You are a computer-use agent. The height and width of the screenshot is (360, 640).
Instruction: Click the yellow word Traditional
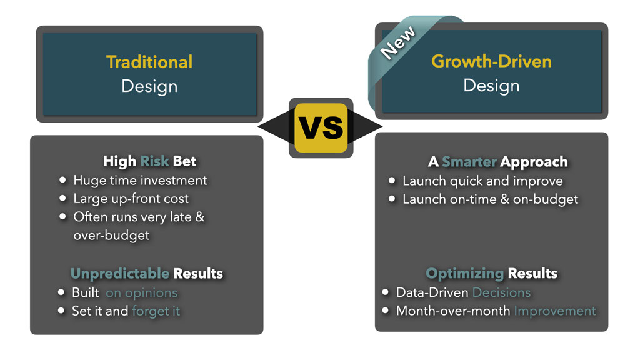pyautogui.click(x=149, y=62)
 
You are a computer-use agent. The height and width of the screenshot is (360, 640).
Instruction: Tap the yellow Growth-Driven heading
pyautogui.click(x=491, y=61)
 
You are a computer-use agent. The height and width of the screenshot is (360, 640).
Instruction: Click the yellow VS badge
pyautogui.click(x=321, y=127)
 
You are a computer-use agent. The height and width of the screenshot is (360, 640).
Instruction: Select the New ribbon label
pyautogui.click(x=397, y=42)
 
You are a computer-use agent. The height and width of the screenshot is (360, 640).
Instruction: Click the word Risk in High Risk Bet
pyautogui.click(x=154, y=161)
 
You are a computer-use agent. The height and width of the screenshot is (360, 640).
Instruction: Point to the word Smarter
pyautogui.click(x=469, y=162)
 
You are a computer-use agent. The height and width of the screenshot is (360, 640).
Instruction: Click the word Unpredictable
pyautogui.click(x=120, y=274)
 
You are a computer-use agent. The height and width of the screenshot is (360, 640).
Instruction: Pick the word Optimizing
pyautogui.click(x=465, y=274)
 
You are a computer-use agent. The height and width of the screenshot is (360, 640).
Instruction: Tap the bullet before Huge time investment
pyautogui.click(x=62, y=179)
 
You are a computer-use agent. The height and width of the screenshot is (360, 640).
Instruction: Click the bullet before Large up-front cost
pyautogui.click(x=62, y=198)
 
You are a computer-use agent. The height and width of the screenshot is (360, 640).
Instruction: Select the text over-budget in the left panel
pyautogui.click(x=111, y=236)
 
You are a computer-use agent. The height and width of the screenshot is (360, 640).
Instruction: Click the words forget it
pyautogui.click(x=156, y=311)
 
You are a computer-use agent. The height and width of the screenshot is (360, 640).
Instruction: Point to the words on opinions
pyautogui.click(x=142, y=293)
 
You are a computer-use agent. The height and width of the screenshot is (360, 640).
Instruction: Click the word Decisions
pyautogui.click(x=502, y=292)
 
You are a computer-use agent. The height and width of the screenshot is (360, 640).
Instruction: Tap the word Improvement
pyautogui.click(x=555, y=311)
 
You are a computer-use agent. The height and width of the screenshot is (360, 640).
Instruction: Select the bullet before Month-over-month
pyautogui.click(x=385, y=310)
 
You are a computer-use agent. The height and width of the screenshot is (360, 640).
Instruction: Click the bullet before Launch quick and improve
pyautogui.click(x=392, y=180)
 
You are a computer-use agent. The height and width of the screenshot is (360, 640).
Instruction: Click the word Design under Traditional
pyautogui.click(x=149, y=86)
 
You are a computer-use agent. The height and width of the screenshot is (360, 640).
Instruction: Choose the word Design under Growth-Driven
pyautogui.click(x=491, y=86)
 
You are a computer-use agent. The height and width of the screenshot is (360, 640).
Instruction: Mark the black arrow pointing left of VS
pyautogui.click(x=276, y=126)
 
